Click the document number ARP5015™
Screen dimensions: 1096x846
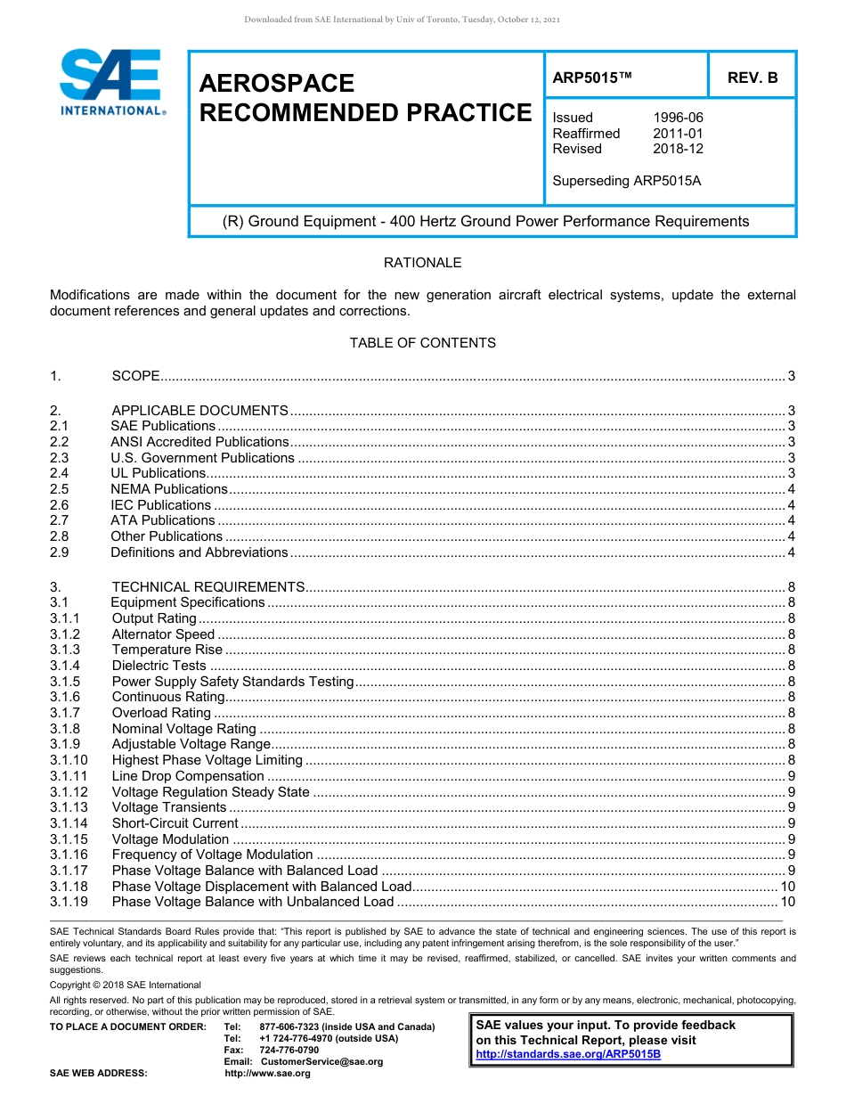pyautogui.click(x=592, y=78)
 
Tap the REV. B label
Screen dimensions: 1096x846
pyautogui.click(x=752, y=78)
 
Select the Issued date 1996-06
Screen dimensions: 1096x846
pyautogui.click(x=678, y=118)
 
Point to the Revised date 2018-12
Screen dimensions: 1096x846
pyautogui.click(x=678, y=149)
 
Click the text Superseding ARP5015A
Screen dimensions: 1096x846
pyautogui.click(x=626, y=181)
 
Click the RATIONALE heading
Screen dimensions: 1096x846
pyautogui.click(x=422, y=263)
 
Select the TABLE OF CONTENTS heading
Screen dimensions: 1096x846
pyautogui.click(x=422, y=343)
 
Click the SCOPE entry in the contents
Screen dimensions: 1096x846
pyautogui.click(x=135, y=376)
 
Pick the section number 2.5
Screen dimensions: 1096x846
pyautogui.click(x=60, y=489)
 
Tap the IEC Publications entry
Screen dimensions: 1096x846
pyautogui.click(x=160, y=505)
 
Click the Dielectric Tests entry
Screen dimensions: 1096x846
pyautogui.click(x=159, y=666)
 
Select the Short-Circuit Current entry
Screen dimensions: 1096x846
pyautogui.click(x=175, y=823)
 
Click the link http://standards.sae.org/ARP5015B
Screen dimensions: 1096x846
pyautogui.click(x=568, y=1054)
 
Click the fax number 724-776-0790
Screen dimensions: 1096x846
pyautogui.click(x=289, y=1050)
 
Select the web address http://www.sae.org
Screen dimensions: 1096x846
pyautogui.click(x=267, y=1073)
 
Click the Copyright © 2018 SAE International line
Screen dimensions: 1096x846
pyautogui.click(x=126, y=985)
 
